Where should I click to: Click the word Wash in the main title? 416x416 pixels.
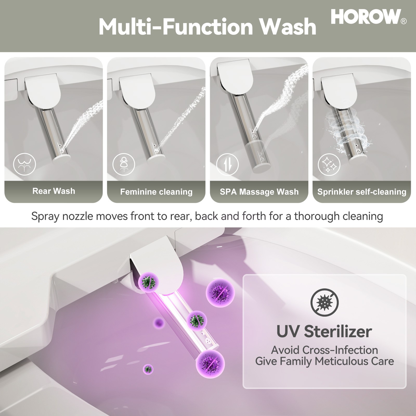[x=288, y=27]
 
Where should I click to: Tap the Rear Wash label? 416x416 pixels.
[x=54, y=191]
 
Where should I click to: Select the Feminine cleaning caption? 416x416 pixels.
[x=156, y=192]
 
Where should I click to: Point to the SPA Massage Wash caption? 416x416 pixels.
[x=259, y=192]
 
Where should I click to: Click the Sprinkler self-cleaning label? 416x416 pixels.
[x=362, y=192]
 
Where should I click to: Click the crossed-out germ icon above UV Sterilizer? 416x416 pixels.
[x=324, y=302]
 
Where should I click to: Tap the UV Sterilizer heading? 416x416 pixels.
[x=324, y=331]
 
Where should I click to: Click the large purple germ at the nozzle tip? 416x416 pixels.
[x=210, y=363]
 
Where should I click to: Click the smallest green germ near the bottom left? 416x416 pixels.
[x=148, y=369]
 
